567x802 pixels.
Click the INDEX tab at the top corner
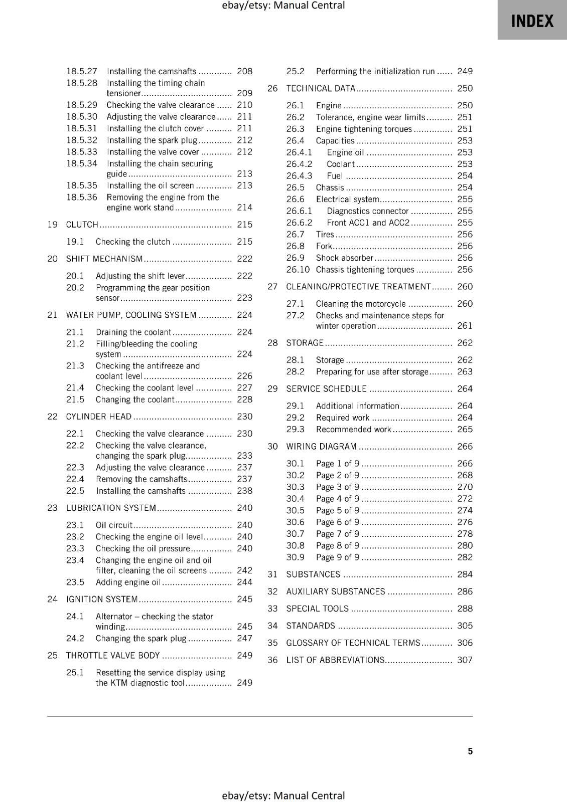click(532, 21)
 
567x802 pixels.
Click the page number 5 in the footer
click(470, 751)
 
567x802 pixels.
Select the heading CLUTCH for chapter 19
click(82, 225)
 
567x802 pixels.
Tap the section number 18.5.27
click(82, 71)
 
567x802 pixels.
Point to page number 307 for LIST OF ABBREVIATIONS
click(465, 660)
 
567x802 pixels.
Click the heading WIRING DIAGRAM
click(321, 446)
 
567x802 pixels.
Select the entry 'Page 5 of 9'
click(337, 510)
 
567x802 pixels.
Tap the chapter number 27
click(272, 287)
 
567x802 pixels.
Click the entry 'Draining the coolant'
click(133, 332)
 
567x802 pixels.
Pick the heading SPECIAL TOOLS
click(317, 609)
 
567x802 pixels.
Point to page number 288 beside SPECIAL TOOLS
click(465, 609)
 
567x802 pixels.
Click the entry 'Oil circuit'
click(114, 525)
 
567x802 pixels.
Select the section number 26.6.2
click(299, 223)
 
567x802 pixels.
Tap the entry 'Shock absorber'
click(344, 258)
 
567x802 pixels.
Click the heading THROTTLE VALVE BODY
click(113, 655)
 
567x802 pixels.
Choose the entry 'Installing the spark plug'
click(152, 140)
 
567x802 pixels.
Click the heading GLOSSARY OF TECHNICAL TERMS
click(353, 643)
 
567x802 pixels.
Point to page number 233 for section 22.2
click(244, 456)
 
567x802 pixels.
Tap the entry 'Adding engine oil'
click(128, 582)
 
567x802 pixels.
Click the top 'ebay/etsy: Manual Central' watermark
click(283, 6)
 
